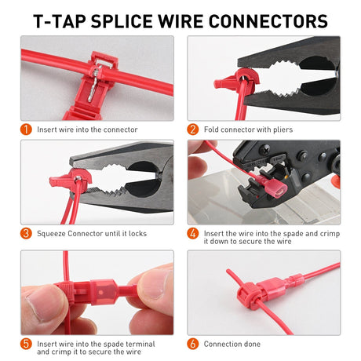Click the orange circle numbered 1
(26, 129)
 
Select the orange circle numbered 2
(192, 129)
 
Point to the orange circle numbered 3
(26, 233)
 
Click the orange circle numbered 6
(192, 344)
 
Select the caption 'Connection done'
(233, 344)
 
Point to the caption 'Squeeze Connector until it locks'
(92, 233)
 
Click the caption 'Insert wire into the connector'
(87, 129)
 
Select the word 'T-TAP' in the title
(60, 20)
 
